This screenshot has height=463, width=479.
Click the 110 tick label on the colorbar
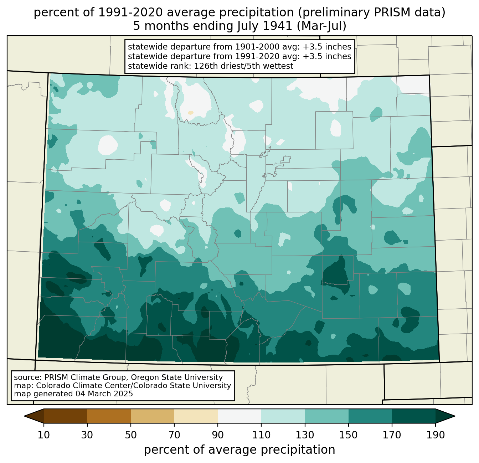[261, 435]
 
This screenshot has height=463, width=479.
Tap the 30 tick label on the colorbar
[87, 435]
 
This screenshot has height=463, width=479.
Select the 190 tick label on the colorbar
[436, 435]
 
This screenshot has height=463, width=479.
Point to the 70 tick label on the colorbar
[174, 435]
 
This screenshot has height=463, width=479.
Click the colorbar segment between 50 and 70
[153, 416]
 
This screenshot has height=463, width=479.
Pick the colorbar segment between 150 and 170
[370, 416]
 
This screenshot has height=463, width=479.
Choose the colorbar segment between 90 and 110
[239, 416]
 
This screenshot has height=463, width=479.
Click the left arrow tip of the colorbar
[24, 416]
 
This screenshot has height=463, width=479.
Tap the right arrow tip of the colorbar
[455, 416]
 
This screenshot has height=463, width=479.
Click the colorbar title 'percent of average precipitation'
[239, 450]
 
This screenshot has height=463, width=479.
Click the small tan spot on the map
[191, 113]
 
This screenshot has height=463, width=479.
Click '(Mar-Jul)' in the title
[321, 26]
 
